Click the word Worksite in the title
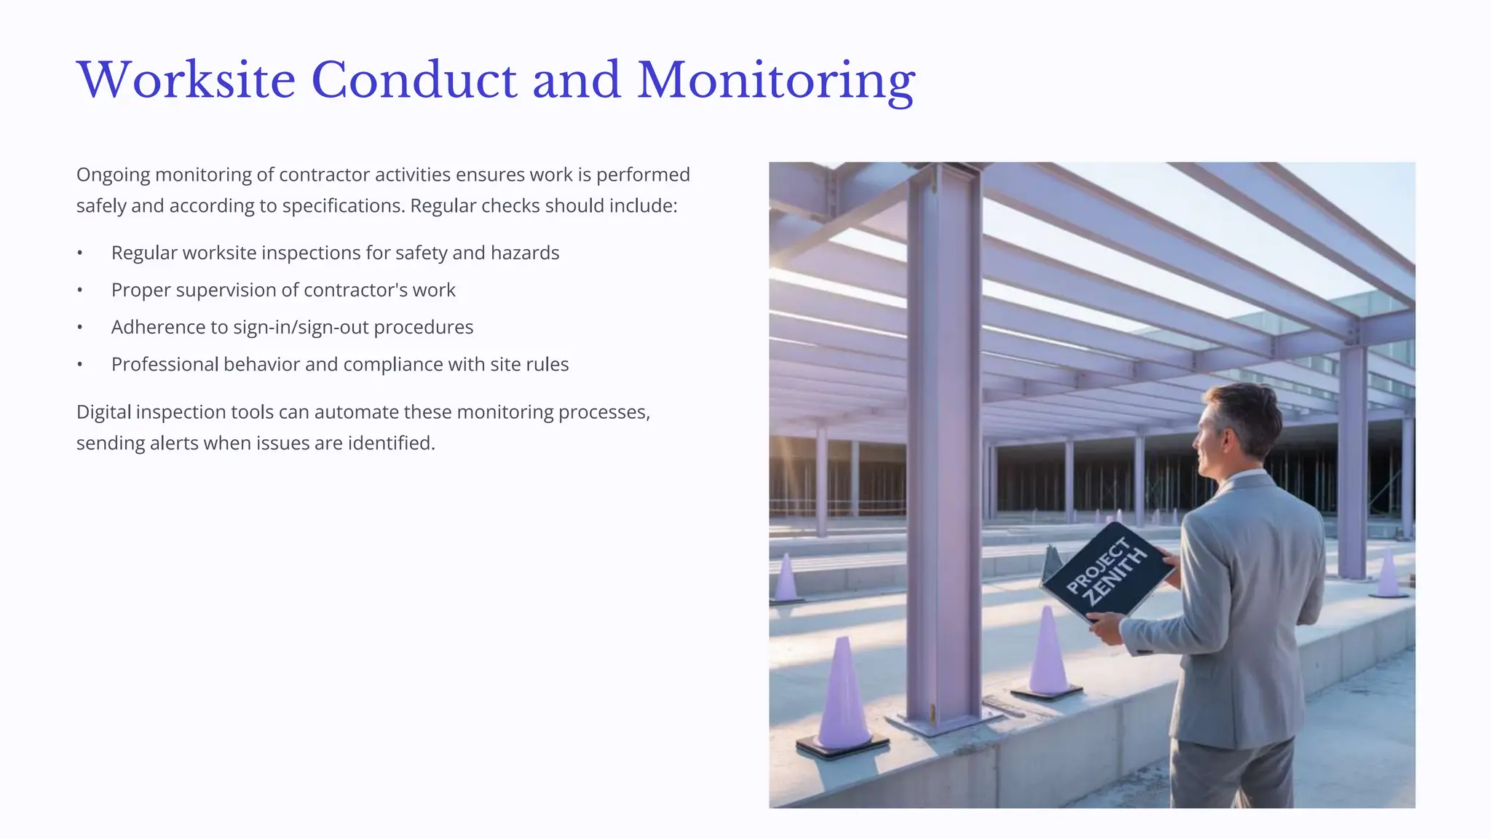[x=186, y=80]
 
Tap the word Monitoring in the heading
[x=776, y=82]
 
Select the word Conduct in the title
[x=414, y=80]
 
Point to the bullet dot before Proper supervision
[x=80, y=291]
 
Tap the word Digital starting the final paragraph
[x=103, y=412]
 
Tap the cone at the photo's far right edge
[x=1389, y=573]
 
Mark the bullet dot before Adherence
[x=80, y=328]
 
